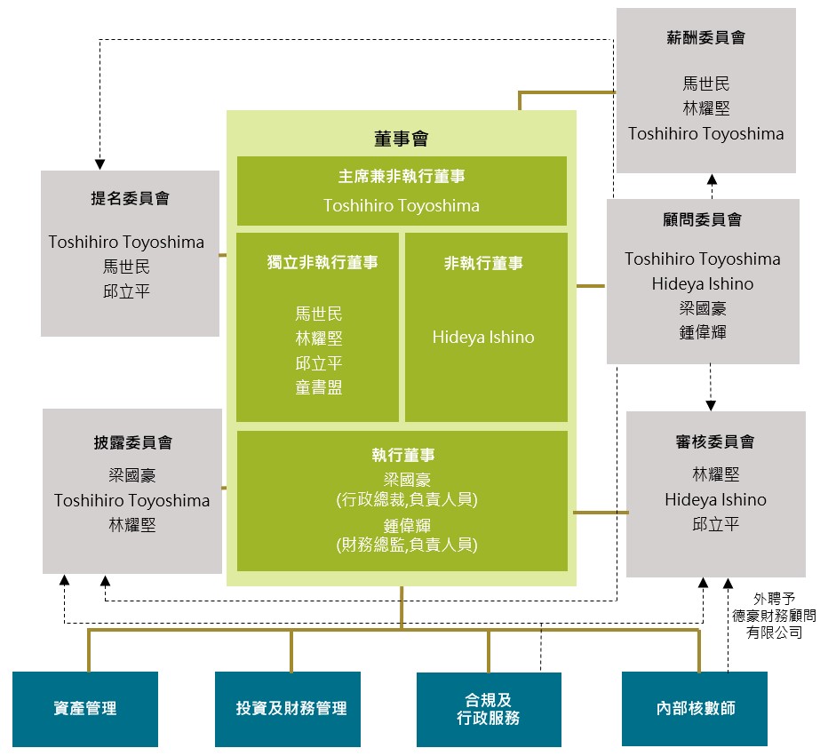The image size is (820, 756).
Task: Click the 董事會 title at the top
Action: [401, 139]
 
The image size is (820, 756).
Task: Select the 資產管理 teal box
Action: [85, 709]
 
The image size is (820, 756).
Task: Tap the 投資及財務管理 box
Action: [288, 709]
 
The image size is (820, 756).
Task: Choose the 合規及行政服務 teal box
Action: [489, 709]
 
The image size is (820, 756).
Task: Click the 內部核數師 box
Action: [695, 708]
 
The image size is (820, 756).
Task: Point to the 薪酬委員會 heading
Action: [706, 37]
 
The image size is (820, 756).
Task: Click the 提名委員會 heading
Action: [130, 198]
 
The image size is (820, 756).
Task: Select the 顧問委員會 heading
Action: [703, 219]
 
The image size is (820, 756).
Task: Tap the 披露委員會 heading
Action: [133, 442]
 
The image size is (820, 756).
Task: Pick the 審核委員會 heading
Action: [715, 442]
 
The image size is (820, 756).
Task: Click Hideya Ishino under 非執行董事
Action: [483, 338]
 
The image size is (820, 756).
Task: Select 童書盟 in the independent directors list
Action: [318, 387]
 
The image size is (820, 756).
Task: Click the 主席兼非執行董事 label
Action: [402, 176]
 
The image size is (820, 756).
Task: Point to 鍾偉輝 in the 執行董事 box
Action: [407, 525]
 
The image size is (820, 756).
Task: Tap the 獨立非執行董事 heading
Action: [322, 262]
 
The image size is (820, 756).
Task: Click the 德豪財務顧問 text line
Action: [774, 616]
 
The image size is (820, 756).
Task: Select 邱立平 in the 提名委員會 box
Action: [126, 291]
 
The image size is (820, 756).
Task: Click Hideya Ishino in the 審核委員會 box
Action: [715, 500]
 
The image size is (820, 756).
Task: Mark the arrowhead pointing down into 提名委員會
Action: [100, 164]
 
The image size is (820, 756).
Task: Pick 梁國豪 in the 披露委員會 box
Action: [132, 475]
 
